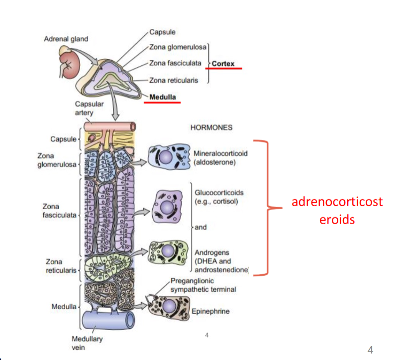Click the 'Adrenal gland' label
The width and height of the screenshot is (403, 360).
pyautogui.click(x=66, y=39)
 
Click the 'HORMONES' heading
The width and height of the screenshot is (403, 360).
pyautogui.click(x=211, y=127)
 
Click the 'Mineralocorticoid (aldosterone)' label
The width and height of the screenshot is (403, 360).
pyautogui.click(x=221, y=157)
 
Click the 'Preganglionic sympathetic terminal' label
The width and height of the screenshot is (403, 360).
pyautogui.click(x=203, y=285)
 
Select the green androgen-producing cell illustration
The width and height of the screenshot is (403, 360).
pyautogui.click(x=169, y=252)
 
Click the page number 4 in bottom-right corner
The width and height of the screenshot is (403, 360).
pyautogui.click(x=370, y=349)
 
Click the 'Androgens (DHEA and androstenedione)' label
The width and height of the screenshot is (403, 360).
pyautogui.click(x=219, y=261)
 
